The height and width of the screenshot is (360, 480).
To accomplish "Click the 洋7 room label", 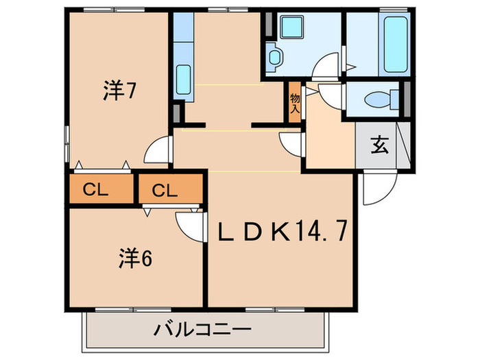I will coord(117,89).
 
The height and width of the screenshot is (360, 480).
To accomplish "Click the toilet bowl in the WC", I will coord(376,100).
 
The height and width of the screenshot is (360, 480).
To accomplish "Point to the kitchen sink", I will coord(183,80).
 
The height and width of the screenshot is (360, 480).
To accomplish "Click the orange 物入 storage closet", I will coord(295,103).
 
